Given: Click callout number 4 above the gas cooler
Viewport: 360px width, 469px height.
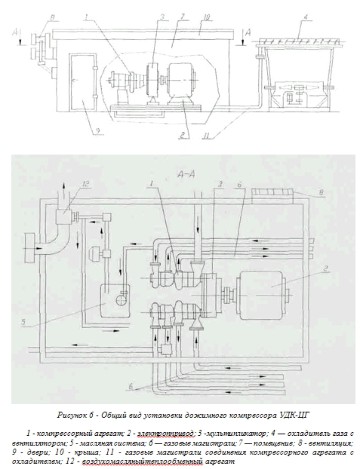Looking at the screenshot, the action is (305, 17).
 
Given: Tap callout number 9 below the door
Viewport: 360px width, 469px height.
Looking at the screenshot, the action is (98, 130).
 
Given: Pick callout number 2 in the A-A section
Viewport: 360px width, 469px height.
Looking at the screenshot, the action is (327, 267).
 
